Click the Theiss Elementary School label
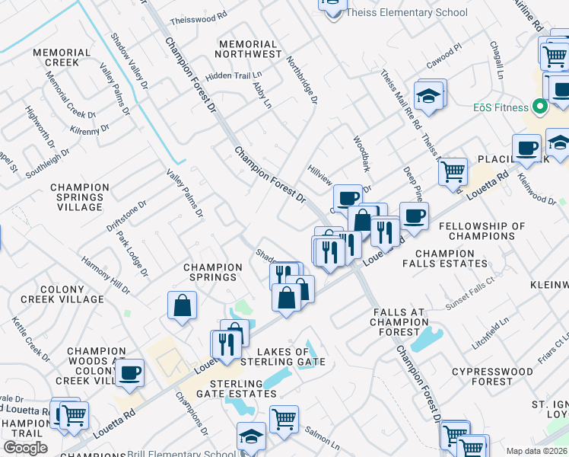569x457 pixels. click(x=406, y=12)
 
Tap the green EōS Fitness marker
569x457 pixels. click(x=540, y=107)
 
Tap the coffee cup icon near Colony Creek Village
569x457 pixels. click(x=130, y=372)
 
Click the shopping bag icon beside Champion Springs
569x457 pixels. click(x=183, y=306)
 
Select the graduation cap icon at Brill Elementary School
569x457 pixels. click(x=251, y=436)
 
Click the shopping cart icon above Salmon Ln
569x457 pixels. click(x=284, y=418)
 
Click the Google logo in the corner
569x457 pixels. click(x=25, y=448)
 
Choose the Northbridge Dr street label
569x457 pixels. click(x=301, y=80)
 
